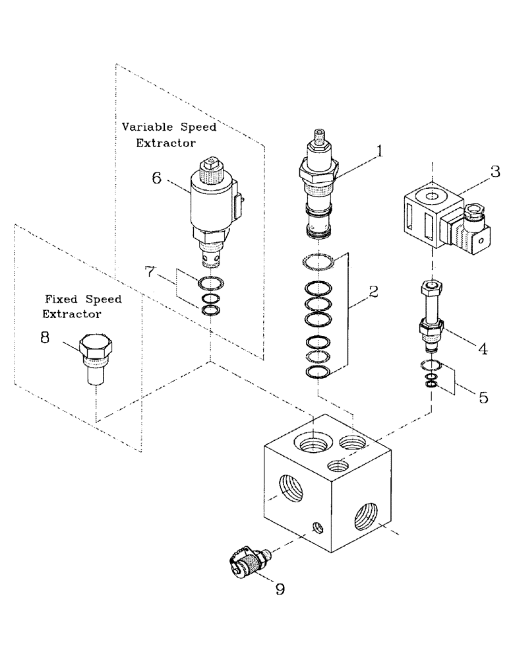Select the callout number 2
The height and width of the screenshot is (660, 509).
[373, 291]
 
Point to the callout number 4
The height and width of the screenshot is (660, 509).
[483, 348]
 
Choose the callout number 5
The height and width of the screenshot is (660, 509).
[483, 398]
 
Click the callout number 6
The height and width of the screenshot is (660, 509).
[157, 178]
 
